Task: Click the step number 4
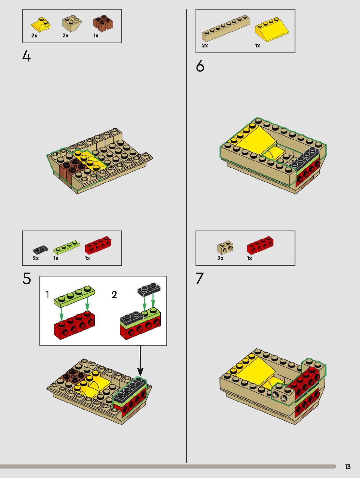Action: (x=27, y=56)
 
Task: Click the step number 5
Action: (x=27, y=278)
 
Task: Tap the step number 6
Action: (x=200, y=66)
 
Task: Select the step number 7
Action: (x=200, y=278)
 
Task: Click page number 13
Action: (x=348, y=467)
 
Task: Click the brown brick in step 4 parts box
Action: (x=103, y=23)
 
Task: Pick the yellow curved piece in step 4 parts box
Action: (x=41, y=25)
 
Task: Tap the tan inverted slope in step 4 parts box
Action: (x=72, y=23)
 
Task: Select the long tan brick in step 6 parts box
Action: (x=226, y=28)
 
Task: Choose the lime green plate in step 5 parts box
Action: (x=66, y=246)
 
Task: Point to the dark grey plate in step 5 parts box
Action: (x=41, y=249)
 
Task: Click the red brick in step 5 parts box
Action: (x=98, y=245)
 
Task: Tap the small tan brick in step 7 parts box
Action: (x=225, y=247)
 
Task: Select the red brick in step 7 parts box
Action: (x=260, y=245)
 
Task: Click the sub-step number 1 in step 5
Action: (x=47, y=295)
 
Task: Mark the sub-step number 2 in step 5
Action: (x=114, y=295)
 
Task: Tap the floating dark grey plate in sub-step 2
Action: (x=149, y=289)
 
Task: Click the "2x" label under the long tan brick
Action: (x=205, y=46)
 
